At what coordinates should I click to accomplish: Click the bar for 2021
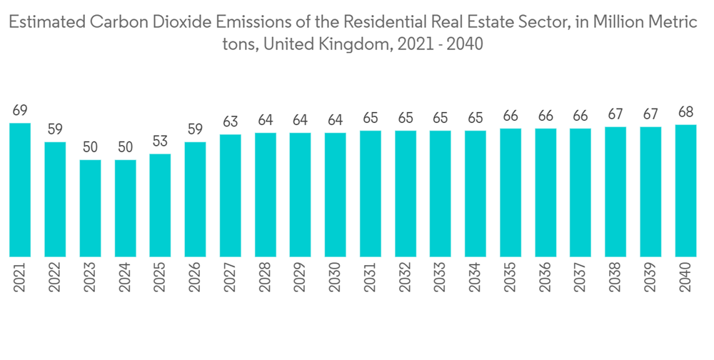pyautogui.click(x=20, y=189)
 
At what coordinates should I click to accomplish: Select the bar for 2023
pyautogui.click(x=90, y=208)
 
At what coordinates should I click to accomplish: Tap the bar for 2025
pyautogui.click(x=160, y=205)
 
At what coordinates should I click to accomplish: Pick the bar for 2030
pyautogui.click(x=336, y=194)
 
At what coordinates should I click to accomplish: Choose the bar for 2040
pyautogui.click(x=685, y=191)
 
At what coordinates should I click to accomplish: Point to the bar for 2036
pyautogui.click(x=545, y=192)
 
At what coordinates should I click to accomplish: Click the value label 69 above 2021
pyautogui.click(x=20, y=111)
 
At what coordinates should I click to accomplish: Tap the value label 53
pyautogui.click(x=160, y=141)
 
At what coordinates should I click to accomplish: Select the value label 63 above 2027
pyautogui.click(x=230, y=122)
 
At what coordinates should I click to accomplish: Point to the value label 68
pyautogui.click(x=685, y=113)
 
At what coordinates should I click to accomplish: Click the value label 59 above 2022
pyautogui.click(x=55, y=130)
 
